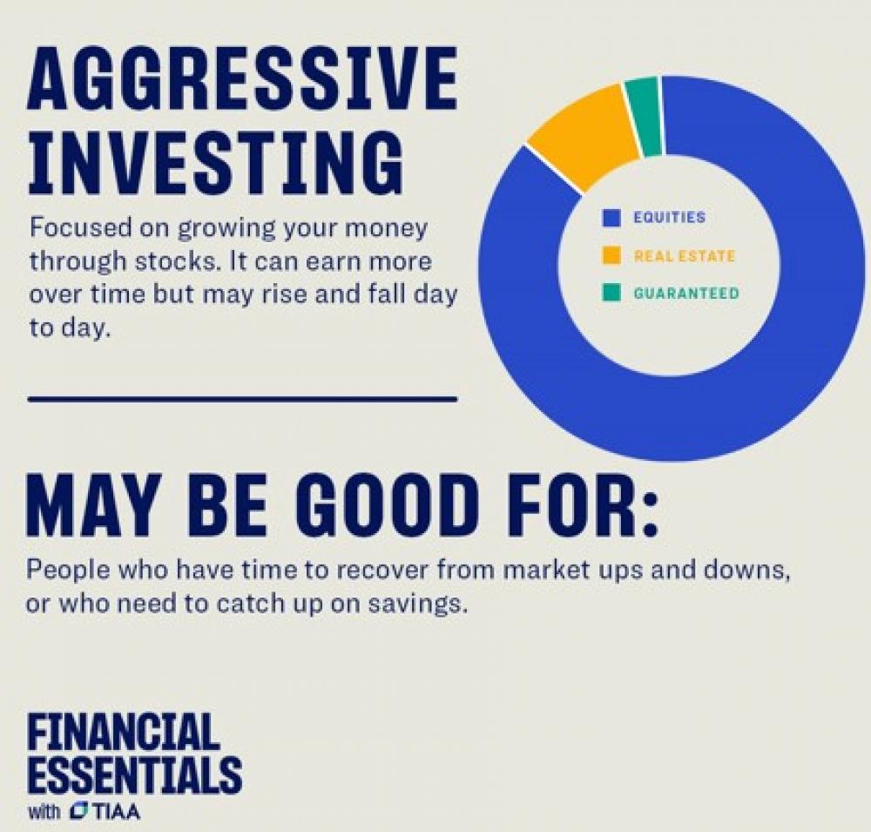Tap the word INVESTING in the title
click(215, 162)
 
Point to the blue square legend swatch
click(611, 217)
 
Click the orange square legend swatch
click(611, 255)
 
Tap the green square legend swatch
click(611, 293)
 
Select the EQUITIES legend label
click(669, 217)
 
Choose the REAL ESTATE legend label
click(685, 255)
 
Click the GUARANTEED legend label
click(686, 293)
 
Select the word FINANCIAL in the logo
click(124, 732)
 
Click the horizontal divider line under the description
click(242, 398)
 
